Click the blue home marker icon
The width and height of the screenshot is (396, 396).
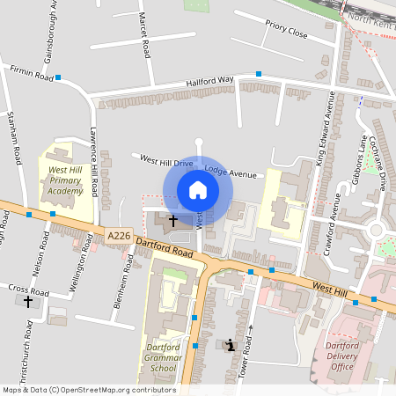pos(198,190)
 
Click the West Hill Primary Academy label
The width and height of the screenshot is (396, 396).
pos(65,180)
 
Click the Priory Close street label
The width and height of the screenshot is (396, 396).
pos(286,33)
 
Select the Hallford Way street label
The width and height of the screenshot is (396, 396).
pos(209,83)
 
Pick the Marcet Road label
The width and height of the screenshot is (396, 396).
pos(143,34)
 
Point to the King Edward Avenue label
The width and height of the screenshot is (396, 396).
pos(322,128)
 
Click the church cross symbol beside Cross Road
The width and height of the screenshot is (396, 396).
pos(28,301)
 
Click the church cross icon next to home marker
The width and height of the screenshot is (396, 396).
pos(172,220)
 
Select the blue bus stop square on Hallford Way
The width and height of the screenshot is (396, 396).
pos(259,74)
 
